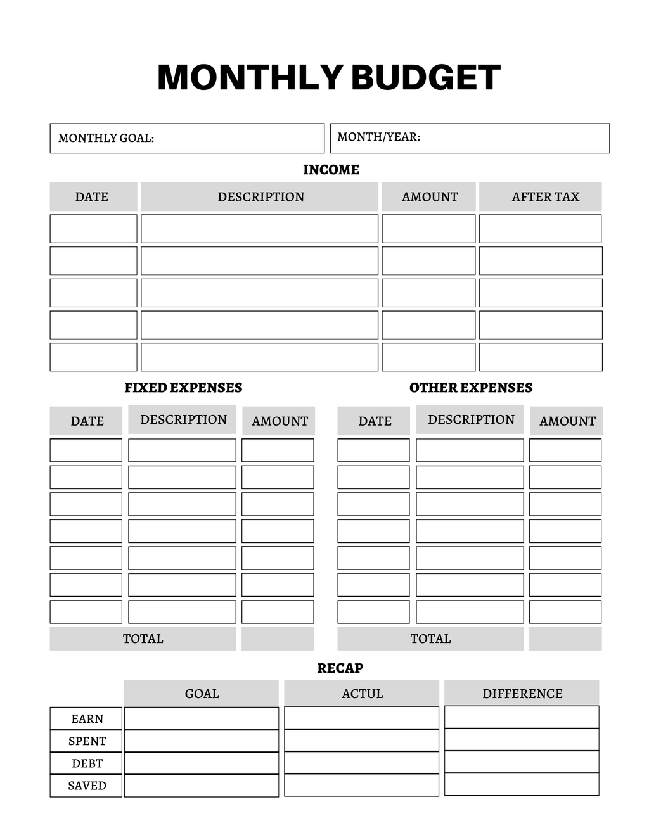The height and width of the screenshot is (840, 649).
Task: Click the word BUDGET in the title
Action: tap(425, 77)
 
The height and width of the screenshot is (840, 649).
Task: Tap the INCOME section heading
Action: tap(331, 170)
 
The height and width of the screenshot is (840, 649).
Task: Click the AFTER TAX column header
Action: tap(545, 197)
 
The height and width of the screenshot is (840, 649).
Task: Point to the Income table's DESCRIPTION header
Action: tap(260, 197)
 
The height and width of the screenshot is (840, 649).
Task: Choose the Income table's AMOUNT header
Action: tap(430, 197)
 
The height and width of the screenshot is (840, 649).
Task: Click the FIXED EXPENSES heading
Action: tap(183, 388)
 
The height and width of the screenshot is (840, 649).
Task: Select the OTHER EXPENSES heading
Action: tap(471, 388)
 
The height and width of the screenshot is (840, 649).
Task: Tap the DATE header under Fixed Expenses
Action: tap(87, 421)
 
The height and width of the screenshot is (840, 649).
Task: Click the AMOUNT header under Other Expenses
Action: tap(567, 421)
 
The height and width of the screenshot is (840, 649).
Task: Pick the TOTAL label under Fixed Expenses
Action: tap(143, 639)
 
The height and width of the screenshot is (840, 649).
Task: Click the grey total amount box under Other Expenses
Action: tap(565, 639)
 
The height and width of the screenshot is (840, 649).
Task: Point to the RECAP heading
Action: tap(340, 668)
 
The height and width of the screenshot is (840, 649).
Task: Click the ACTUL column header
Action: tap(362, 694)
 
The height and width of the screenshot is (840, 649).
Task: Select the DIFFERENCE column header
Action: tap(522, 694)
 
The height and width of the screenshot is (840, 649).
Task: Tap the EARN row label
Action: tap(87, 719)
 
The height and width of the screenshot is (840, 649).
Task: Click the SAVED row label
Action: tap(87, 786)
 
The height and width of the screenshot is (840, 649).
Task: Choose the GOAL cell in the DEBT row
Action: tap(202, 763)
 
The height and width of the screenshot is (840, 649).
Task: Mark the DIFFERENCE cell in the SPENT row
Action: tap(522, 740)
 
